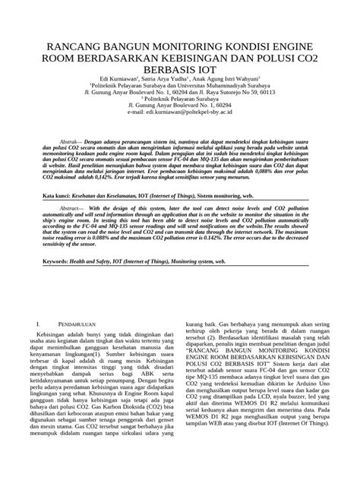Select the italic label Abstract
click(70, 207)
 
